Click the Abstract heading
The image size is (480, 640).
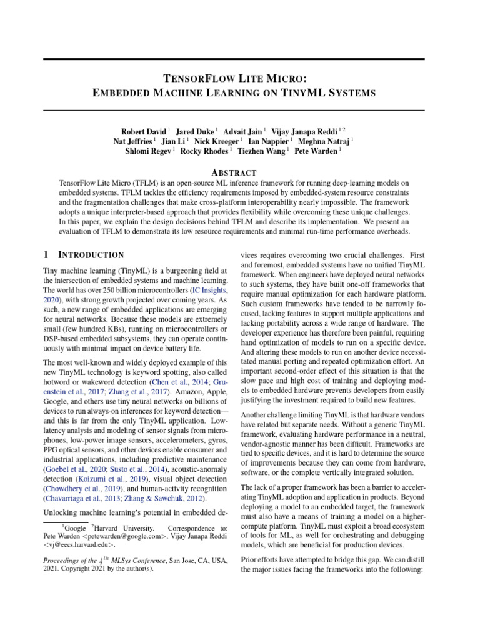pos(234,172)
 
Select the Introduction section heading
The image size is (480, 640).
pos(91,255)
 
